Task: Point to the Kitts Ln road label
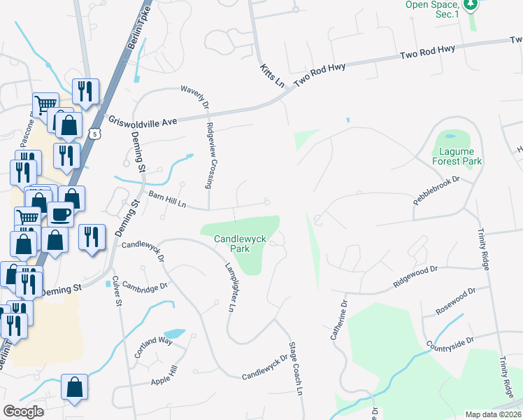[272, 76]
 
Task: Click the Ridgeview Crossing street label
[210, 155]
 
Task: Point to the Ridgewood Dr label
[415, 278]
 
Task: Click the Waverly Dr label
[195, 97]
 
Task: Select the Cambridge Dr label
[145, 286]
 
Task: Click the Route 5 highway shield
[95, 132]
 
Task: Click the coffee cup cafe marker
[61, 213]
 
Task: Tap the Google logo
[23, 412]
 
